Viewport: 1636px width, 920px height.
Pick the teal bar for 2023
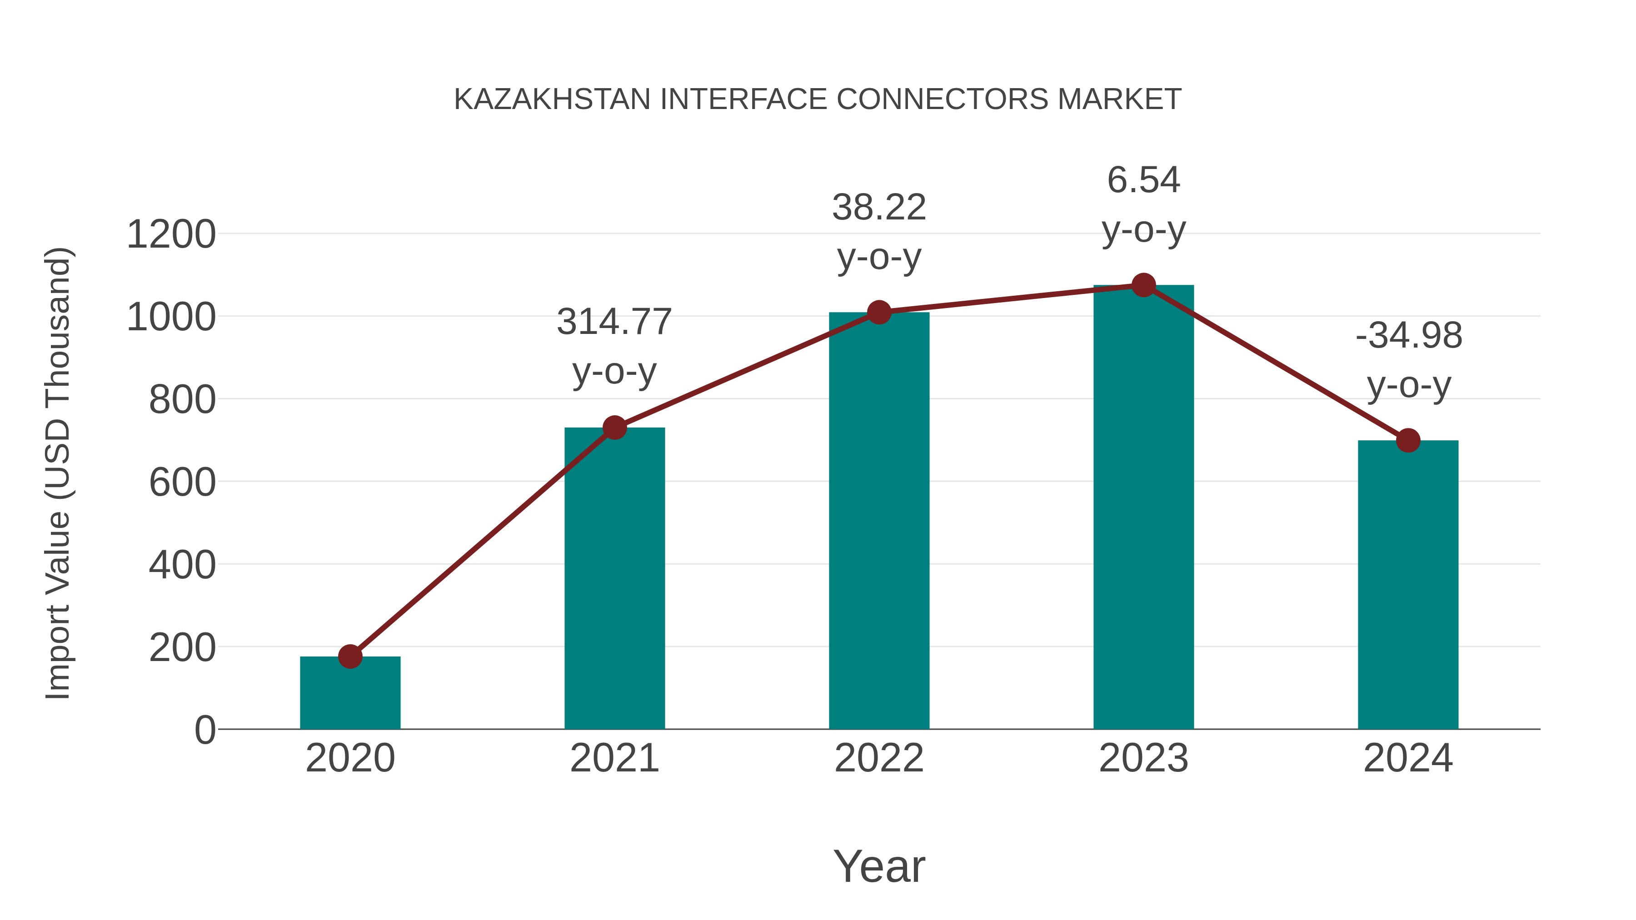pyautogui.click(x=1143, y=508)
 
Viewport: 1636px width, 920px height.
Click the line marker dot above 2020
pyautogui.click(x=350, y=656)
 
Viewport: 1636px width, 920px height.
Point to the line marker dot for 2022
pyautogui.click(x=879, y=313)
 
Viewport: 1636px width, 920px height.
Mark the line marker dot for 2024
pyautogui.click(x=1408, y=440)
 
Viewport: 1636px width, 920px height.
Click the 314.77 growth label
pyautogui.click(x=614, y=322)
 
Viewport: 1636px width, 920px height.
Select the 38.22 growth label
pyautogui.click(x=879, y=208)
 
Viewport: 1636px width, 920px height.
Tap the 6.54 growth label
pyautogui.click(x=1143, y=180)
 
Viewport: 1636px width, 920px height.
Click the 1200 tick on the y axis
pyautogui.click(x=171, y=234)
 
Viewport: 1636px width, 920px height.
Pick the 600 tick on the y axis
pyautogui.click(x=182, y=482)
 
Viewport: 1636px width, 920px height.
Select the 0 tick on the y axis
pyautogui.click(x=204, y=730)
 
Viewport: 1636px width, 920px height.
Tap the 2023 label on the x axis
pyautogui.click(x=1143, y=758)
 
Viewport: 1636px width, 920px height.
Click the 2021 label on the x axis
pyautogui.click(x=614, y=758)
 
